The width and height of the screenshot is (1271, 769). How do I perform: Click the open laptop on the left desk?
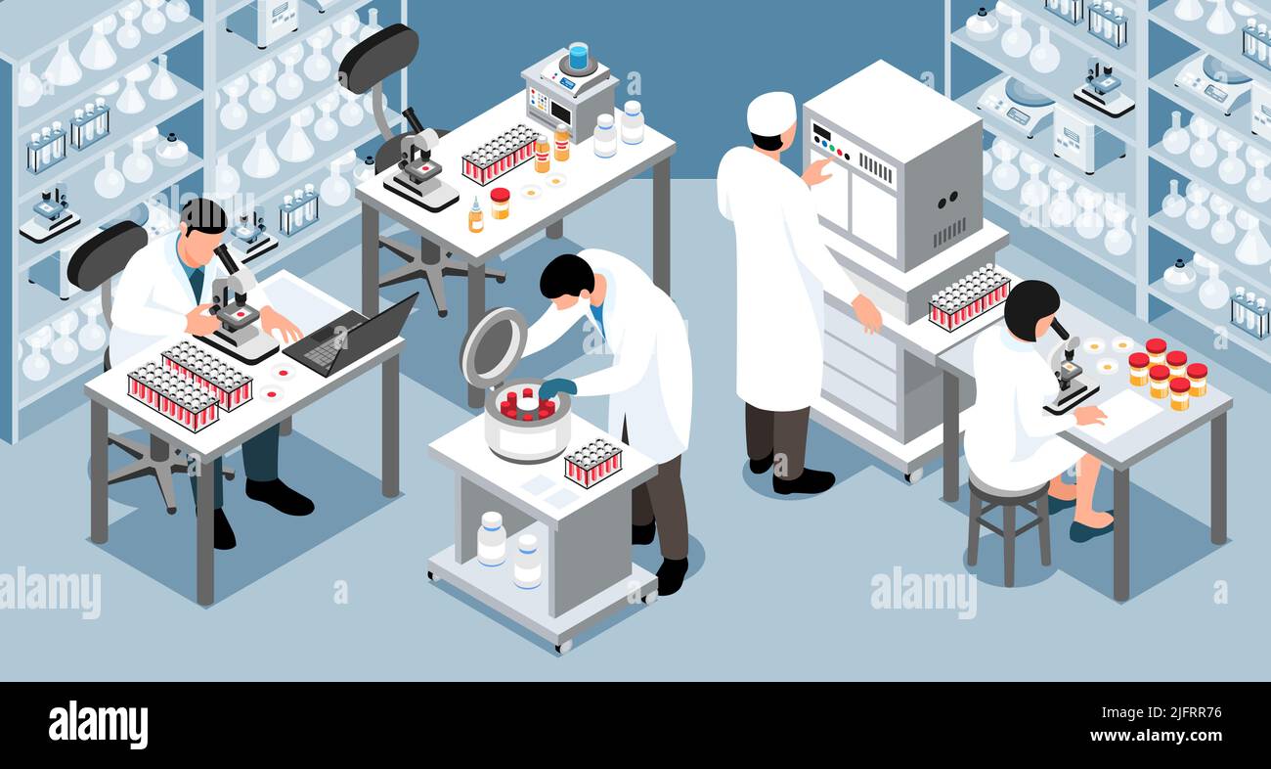(353, 337)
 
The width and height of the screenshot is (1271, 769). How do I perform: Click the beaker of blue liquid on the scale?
(578, 56)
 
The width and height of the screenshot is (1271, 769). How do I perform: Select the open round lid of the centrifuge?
(493, 346)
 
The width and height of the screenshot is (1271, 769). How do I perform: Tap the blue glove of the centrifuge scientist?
(555, 388)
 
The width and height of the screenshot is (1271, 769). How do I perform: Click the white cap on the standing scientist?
(770, 113)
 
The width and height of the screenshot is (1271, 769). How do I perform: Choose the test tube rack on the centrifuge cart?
(592, 462)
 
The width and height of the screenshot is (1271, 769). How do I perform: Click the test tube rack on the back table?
(500, 154)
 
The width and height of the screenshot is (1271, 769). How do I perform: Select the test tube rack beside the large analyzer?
(968, 297)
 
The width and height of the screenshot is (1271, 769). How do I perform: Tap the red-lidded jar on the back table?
(500, 203)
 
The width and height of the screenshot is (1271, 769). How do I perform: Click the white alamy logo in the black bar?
(98, 725)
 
